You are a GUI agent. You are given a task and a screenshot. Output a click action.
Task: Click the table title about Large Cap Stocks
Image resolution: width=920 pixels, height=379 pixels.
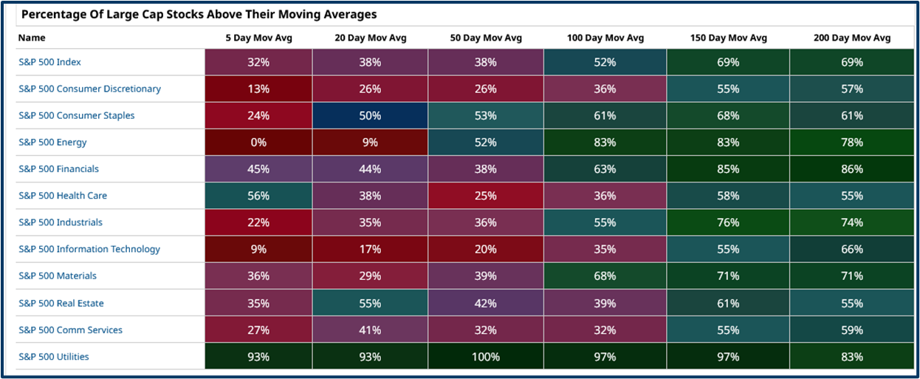[x=199, y=14]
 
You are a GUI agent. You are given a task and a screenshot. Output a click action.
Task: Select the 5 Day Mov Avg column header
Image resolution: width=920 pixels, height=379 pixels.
[x=258, y=38]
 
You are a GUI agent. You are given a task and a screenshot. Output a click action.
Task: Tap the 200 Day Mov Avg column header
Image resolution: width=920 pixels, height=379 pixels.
[x=851, y=38]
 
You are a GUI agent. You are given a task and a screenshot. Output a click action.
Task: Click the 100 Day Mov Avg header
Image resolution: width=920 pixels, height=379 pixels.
[x=605, y=38]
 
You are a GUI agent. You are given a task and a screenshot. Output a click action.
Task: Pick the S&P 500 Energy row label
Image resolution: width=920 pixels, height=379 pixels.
[x=52, y=143]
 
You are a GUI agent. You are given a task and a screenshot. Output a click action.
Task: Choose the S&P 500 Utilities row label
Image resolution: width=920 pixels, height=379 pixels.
[x=54, y=357]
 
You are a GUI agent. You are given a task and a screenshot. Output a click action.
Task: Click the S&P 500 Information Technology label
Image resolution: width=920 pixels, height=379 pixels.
[x=89, y=249]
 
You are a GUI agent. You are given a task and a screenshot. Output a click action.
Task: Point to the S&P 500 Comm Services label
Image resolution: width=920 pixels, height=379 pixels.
[x=70, y=330]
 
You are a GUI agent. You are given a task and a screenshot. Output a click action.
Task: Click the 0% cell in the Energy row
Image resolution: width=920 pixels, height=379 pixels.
[x=258, y=143]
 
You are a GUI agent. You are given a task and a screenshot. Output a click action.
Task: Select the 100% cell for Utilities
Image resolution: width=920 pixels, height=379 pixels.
[x=485, y=357]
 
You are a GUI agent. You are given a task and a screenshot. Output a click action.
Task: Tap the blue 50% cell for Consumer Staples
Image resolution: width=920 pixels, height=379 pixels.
[x=370, y=116]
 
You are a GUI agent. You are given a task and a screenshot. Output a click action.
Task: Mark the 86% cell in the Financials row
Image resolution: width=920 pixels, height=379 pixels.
[x=851, y=169]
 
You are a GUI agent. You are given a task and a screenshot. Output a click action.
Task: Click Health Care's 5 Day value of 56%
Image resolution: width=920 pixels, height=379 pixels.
[x=258, y=196]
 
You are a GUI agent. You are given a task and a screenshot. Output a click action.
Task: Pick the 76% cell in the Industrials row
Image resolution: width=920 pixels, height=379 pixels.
[x=727, y=222]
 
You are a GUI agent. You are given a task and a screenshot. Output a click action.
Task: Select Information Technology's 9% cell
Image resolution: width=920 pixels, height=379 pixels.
[x=258, y=249]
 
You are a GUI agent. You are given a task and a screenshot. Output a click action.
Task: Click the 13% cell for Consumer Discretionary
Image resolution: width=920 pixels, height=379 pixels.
[x=258, y=89]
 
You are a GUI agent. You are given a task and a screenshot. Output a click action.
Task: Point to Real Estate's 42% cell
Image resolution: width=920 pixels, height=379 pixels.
[x=485, y=303]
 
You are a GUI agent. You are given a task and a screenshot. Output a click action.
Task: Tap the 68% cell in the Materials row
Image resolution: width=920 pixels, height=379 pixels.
[x=605, y=276]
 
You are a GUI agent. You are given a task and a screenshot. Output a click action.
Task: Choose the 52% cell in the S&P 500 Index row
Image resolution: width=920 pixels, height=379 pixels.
[x=605, y=63]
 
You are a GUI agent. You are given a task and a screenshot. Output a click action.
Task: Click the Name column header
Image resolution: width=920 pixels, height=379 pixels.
[x=32, y=38]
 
